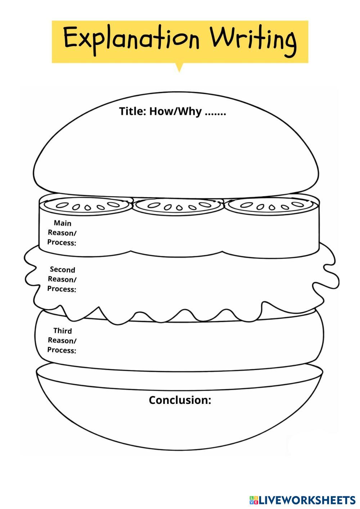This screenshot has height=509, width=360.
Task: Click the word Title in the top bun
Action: tap(132, 111)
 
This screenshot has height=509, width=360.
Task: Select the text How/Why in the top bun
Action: tap(175, 112)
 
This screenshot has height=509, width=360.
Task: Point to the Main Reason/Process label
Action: tap(62, 233)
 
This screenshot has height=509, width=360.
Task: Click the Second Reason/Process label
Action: tap(62, 279)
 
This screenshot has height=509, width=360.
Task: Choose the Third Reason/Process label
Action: tap(62, 341)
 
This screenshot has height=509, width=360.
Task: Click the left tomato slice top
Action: tap(86, 206)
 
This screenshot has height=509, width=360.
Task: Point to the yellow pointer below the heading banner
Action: tap(179, 67)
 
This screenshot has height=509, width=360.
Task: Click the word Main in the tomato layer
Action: tap(63, 223)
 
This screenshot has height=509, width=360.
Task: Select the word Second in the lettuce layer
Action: tap(63, 270)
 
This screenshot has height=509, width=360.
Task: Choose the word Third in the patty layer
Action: tap(63, 331)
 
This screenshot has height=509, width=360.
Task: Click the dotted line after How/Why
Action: tap(215, 113)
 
